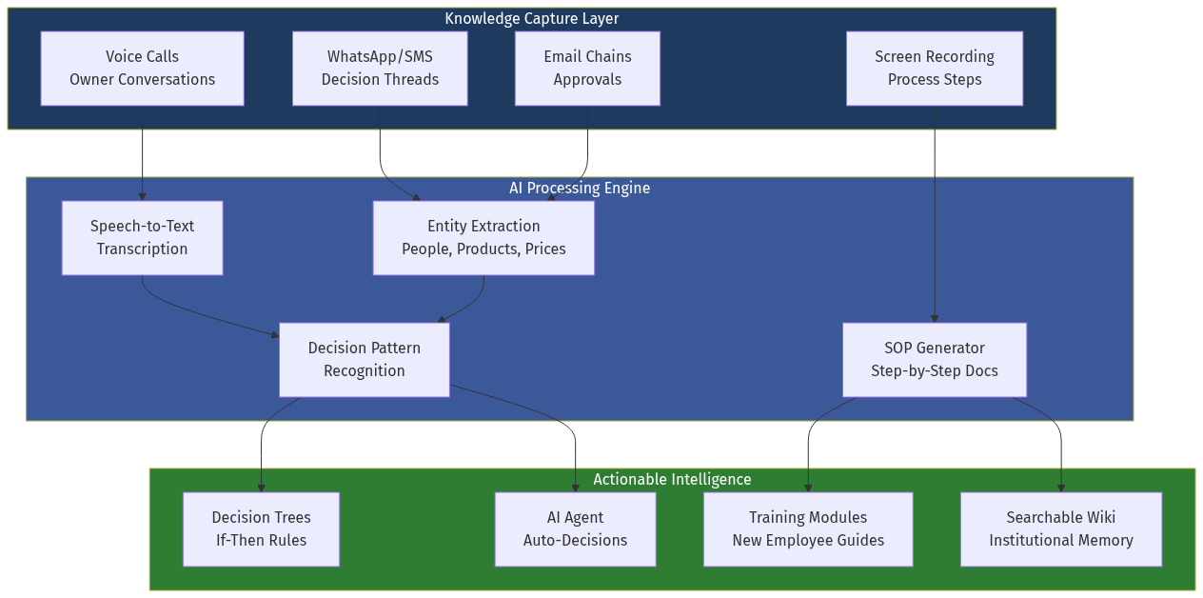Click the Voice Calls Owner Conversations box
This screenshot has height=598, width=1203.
142,69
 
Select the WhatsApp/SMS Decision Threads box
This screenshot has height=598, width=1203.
380,69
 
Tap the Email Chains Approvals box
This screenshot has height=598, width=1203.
587,69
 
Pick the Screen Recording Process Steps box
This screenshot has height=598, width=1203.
935,69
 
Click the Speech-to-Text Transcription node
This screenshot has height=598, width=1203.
142,238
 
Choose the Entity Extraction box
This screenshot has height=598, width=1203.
483,238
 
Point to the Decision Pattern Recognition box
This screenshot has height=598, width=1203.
364,360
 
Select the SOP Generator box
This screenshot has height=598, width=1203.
935,360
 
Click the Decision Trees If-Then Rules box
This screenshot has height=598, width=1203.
261,529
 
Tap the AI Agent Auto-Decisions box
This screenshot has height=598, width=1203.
575,529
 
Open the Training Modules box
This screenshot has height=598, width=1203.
808,529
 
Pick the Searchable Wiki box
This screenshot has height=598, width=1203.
1061,529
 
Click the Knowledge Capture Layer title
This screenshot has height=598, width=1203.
532,19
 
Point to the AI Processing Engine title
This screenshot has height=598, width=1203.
580,188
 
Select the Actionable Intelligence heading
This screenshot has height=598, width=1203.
672,479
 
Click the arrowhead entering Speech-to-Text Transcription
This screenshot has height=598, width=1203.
142,196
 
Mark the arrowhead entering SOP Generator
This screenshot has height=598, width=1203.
935,318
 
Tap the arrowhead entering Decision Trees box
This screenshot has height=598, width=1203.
261,488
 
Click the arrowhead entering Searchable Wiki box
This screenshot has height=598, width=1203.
1061,488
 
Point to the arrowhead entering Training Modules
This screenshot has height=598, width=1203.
808,488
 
